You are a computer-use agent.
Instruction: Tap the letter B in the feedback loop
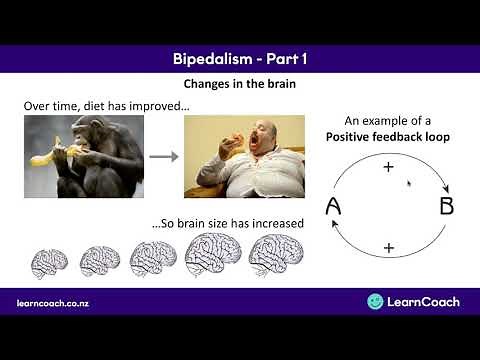[447, 207]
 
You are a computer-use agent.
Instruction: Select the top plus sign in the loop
[389, 167]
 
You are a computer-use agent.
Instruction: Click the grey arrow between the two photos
[164, 156]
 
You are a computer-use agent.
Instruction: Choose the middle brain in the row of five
[153, 258]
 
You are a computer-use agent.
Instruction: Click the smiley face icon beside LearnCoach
[375, 301]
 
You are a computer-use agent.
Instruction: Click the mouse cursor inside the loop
[409, 184]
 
